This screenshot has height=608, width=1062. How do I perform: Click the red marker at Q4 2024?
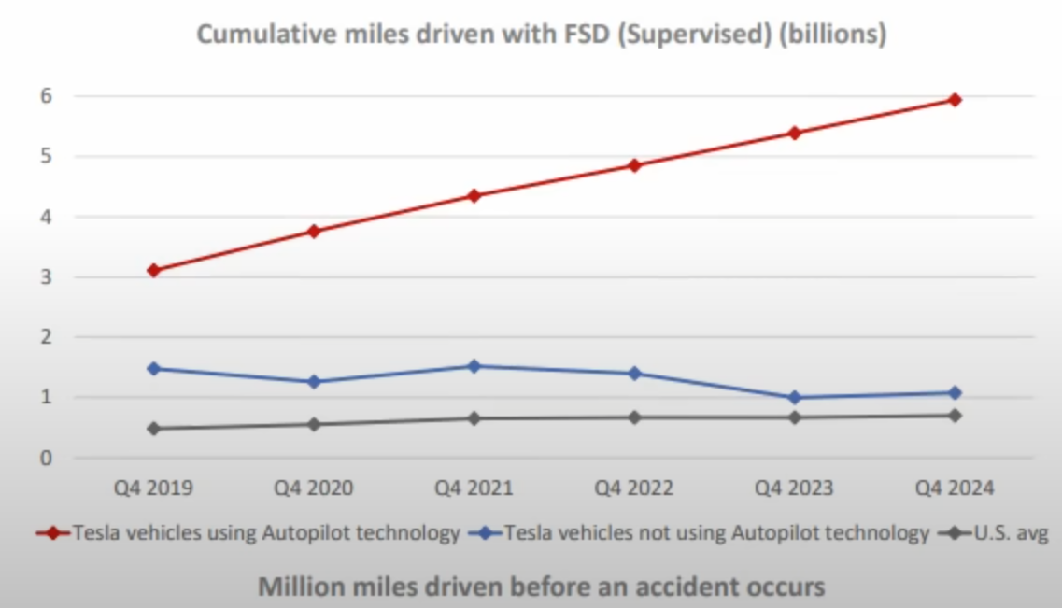[x=955, y=99]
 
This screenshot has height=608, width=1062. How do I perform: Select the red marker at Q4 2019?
[x=152, y=270]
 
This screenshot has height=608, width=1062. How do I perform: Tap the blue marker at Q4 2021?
[x=474, y=366]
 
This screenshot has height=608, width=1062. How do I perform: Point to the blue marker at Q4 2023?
[x=795, y=398]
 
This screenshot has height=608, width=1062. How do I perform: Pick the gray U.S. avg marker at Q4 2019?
[x=152, y=429]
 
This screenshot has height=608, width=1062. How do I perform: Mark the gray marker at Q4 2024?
[x=955, y=416]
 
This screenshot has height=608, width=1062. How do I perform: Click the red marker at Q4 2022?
[x=634, y=165]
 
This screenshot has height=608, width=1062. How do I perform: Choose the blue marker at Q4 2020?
[x=313, y=382]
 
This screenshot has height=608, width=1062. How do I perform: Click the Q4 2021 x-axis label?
[x=474, y=488]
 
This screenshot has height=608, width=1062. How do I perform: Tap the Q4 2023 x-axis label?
[x=795, y=488]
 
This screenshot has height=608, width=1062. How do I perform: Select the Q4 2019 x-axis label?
[x=152, y=488]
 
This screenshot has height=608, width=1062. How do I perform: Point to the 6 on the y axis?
[x=44, y=96]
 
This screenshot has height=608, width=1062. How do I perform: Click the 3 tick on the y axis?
[x=44, y=277]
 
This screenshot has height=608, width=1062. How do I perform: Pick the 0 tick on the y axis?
[x=44, y=459]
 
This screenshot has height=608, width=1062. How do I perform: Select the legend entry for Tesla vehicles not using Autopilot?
[x=715, y=534]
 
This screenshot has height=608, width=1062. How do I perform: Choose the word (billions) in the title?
[x=837, y=36]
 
